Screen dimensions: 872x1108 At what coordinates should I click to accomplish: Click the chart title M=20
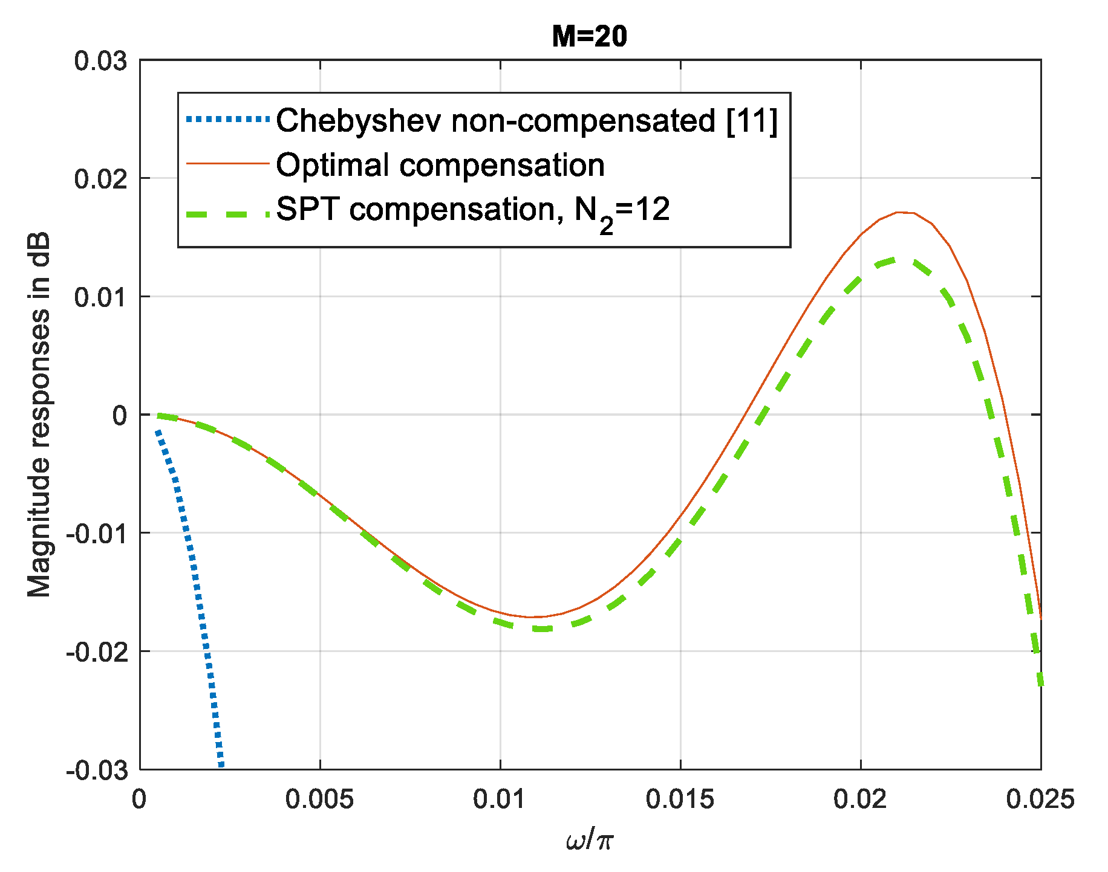tap(589, 37)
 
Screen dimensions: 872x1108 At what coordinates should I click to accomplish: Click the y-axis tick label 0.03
tap(100, 61)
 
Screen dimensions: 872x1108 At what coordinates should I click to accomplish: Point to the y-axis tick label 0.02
tap(100, 179)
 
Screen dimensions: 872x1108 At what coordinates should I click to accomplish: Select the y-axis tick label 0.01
tap(100, 297)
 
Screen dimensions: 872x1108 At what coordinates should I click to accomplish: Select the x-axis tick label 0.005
tap(319, 799)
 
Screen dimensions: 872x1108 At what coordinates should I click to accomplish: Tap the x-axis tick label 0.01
tap(500, 799)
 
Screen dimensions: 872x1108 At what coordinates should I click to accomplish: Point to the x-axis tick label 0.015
tap(680, 799)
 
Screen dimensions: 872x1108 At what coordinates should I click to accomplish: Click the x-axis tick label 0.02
tap(860, 799)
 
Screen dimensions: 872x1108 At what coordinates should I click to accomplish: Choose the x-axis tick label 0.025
tap(1040, 799)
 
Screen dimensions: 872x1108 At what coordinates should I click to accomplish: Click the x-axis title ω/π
tap(590, 841)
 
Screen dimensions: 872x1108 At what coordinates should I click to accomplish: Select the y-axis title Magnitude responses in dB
tap(39, 415)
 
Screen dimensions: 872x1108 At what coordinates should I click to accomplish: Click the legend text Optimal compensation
tap(440, 165)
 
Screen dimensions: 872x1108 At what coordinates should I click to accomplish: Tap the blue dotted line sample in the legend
tap(227, 120)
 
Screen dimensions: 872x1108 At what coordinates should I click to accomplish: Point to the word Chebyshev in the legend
tap(360, 120)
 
